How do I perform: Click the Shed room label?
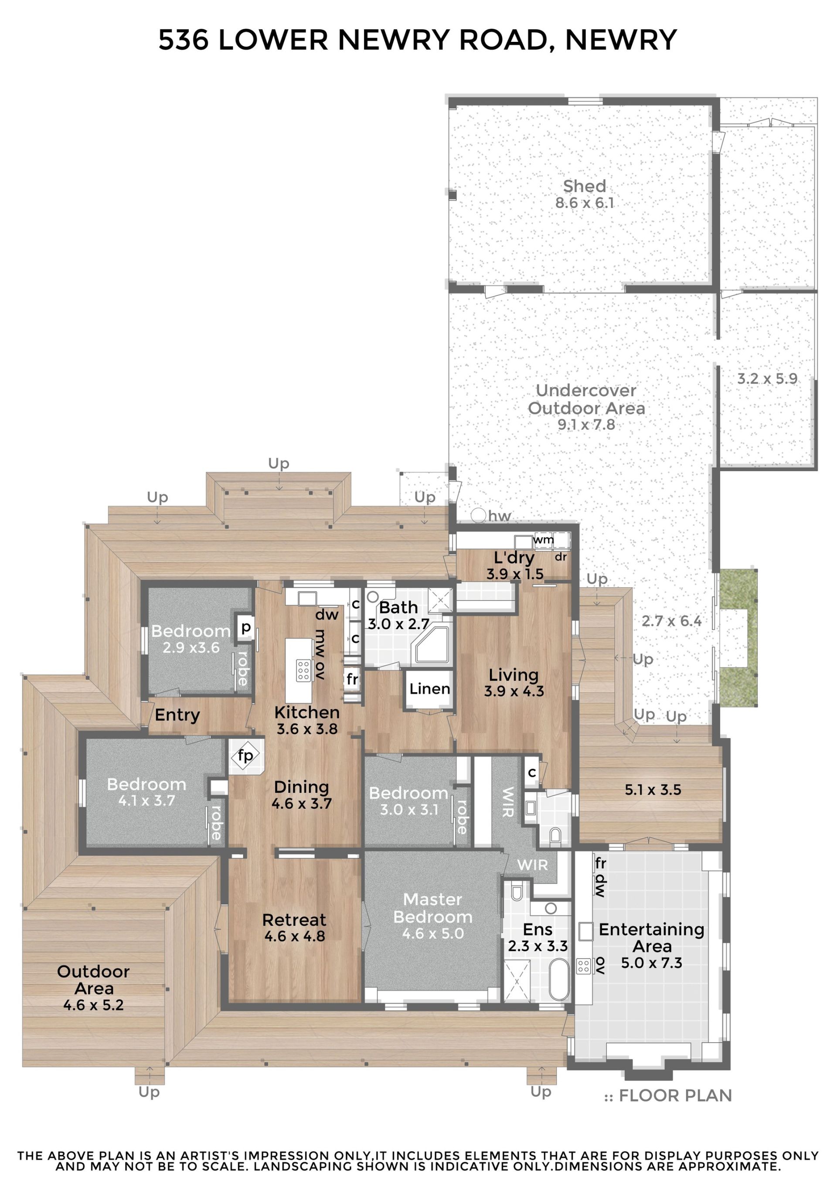(584, 186)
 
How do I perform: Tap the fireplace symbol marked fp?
(245, 756)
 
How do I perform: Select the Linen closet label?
(429, 688)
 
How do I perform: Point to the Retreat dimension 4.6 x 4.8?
(294, 936)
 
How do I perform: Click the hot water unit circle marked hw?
(478, 515)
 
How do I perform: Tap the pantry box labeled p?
(246, 628)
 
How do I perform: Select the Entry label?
(177, 715)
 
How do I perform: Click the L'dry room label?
(514, 558)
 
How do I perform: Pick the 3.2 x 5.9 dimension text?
(767, 379)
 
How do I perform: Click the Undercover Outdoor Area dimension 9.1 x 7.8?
(586, 425)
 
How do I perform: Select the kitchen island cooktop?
(303, 669)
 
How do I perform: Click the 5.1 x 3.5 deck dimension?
(653, 789)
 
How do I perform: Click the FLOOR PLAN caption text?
(675, 1096)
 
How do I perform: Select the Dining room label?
(301, 787)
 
